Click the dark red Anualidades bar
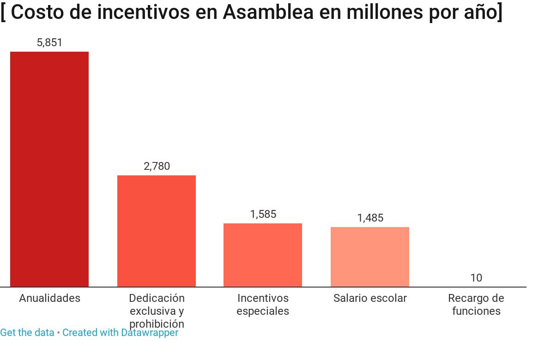(49, 169)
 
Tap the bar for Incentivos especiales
(263, 255)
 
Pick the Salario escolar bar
(370, 257)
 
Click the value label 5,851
(49, 42)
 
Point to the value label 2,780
(157, 166)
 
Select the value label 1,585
(263, 214)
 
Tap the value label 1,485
(370, 218)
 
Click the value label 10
(476, 278)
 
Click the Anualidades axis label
(49, 298)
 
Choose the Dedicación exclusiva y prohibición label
(157, 311)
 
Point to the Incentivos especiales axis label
(263, 305)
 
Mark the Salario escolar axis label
(370, 298)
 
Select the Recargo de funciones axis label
(476, 305)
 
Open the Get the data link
(27, 333)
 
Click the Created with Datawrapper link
(120, 333)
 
